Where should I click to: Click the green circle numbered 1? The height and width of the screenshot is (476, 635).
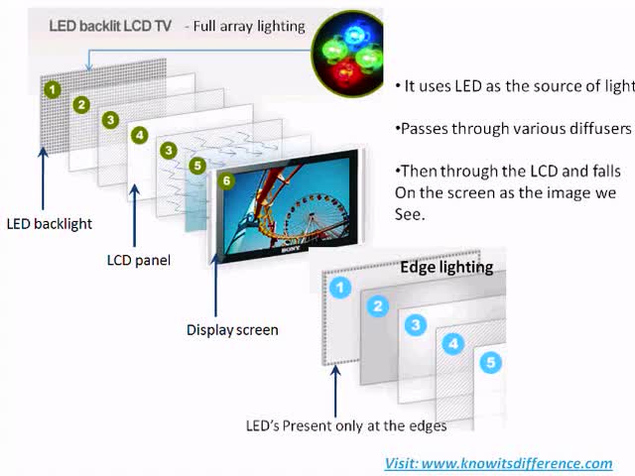(x=52, y=90)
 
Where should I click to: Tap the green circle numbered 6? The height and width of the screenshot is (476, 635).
(x=227, y=181)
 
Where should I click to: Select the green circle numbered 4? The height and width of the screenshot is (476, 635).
(x=140, y=135)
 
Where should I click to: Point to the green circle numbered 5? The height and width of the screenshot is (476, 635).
(x=196, y=166)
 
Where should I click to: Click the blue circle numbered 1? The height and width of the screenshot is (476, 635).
(x=340, y=289)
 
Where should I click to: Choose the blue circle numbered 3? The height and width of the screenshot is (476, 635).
(x=416, y=324)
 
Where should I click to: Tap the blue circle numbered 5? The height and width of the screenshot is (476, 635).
(x=490, y=362)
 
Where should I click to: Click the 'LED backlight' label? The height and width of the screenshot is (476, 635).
(x=50, y=223)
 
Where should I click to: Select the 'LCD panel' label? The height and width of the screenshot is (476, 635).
(x=139, y=261)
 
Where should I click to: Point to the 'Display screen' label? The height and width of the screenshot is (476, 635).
(x=232, y=329)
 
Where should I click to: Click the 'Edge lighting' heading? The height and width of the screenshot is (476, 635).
(x=445, y=267)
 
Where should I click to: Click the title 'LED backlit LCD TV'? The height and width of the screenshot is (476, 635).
(x=110, y=26)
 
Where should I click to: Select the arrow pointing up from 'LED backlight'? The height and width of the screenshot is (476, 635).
(x=44, y=178)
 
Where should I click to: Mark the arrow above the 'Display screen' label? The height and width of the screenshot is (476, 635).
(x=215, y=288)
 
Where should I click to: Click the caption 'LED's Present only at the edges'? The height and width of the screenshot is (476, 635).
(x=346, y=425)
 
